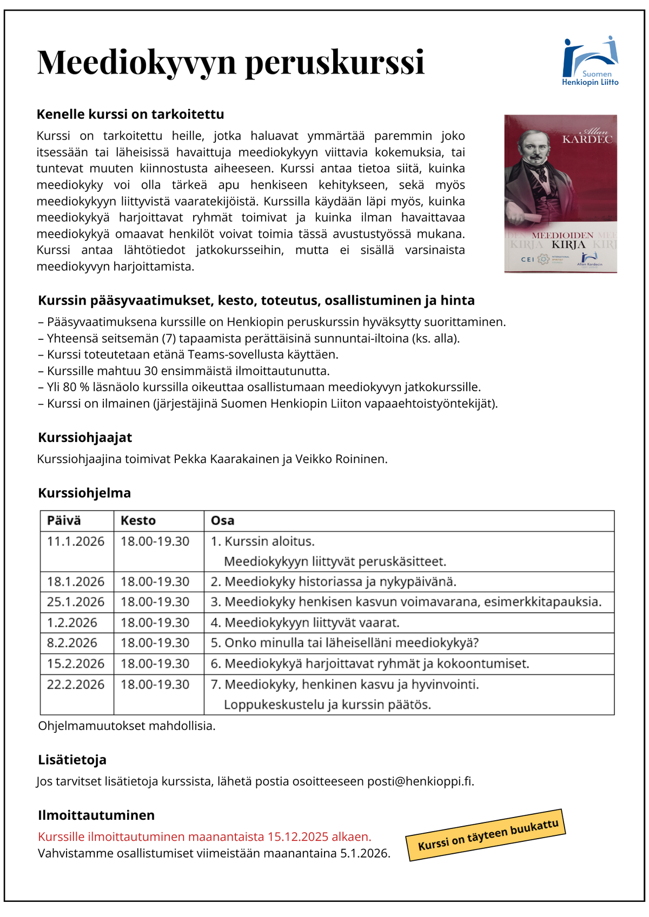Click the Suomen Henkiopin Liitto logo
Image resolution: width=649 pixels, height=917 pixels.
[590, 61]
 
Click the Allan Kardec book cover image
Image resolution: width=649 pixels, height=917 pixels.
[560, 193]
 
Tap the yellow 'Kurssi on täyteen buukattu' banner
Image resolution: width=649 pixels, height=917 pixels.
[486, 835]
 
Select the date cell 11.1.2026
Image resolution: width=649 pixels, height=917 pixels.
[76, 541]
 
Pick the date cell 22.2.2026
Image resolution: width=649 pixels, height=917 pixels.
[76, 685]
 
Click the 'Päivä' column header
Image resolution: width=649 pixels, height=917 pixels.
[64, 521]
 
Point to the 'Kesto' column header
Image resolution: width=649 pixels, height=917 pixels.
[138, 521]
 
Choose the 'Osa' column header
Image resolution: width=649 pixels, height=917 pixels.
[222, 521]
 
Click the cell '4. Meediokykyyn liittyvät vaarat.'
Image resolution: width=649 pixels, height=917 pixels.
[305, 623]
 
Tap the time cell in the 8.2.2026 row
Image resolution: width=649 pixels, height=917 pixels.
[155, 643]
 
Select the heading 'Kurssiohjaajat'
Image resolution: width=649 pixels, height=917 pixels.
[85, 438]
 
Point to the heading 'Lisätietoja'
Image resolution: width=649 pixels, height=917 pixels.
[72, 760]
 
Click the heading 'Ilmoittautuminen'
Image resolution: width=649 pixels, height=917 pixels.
[96, 815]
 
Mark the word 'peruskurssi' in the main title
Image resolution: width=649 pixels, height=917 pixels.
[335, 62]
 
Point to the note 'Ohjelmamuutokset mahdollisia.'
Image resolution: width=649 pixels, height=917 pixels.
[127, 726]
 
